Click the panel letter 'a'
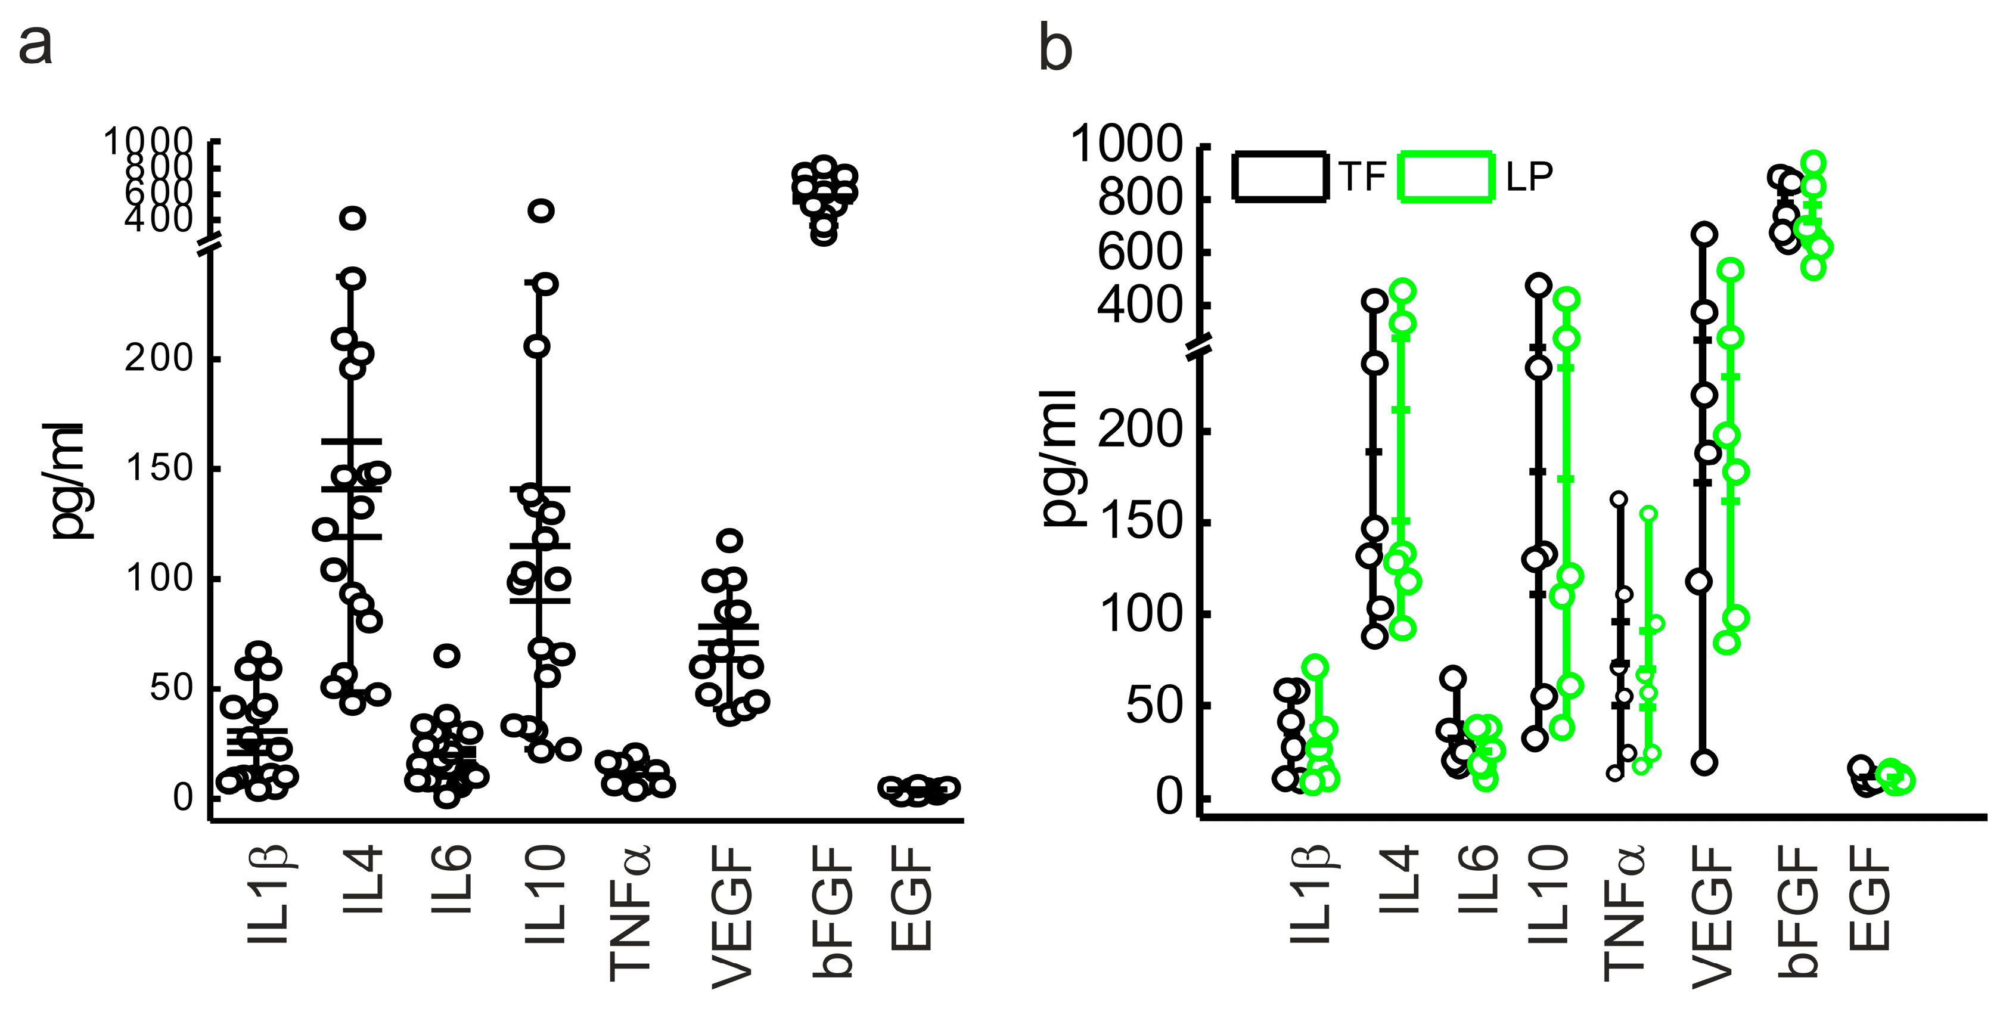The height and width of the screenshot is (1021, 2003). click(x=35, y=45)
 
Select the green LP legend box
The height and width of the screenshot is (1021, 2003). click(x=1446, y=177)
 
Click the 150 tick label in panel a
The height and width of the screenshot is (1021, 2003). click(x=159, y=469)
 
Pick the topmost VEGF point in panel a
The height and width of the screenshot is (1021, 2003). click(x=730, y=539)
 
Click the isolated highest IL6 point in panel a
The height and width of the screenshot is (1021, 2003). click(x=446, y=656)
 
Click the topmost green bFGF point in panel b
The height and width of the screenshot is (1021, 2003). click(x=1813, y=163)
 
